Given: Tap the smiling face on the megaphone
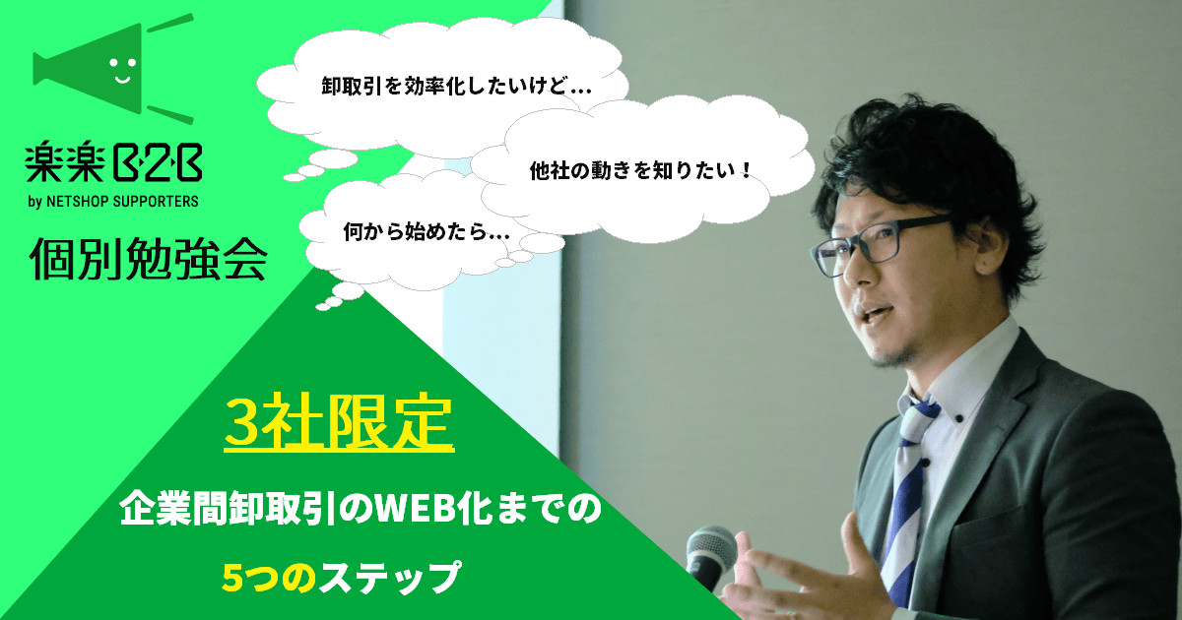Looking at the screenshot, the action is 122,70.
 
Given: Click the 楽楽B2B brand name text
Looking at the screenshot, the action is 113,163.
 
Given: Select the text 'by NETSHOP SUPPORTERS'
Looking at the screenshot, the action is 113,202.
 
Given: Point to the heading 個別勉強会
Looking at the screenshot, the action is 149,258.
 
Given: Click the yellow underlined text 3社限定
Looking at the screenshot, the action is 339,423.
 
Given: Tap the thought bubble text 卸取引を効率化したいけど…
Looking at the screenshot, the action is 456,87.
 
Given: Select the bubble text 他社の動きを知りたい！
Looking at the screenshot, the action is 640,170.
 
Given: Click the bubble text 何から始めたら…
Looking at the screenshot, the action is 427,231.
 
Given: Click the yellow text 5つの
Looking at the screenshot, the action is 269,578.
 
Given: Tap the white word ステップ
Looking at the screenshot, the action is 389,578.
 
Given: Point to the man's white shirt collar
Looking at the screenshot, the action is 950,380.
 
